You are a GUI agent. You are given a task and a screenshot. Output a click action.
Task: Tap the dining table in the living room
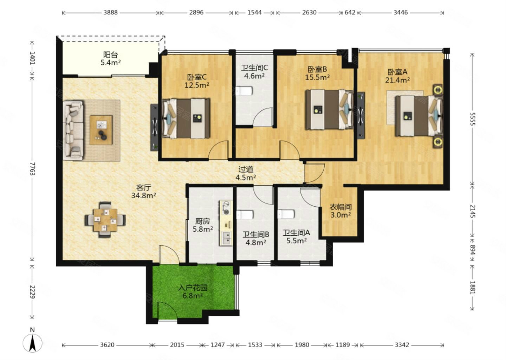pyautogui.click(x=105, y=220)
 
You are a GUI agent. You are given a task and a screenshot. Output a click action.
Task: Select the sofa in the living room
pyautogui.click(x=73, y=130)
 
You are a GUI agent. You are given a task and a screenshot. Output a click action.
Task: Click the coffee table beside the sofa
pyautogui.click(x=101, y=130)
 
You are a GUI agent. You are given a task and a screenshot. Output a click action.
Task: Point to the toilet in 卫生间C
pyautogui.click(x=244, y=91)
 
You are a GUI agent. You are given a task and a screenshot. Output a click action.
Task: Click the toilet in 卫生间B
pyautogui.click(x=245, y=215)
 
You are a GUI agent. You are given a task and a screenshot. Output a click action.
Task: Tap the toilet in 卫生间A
pyautogui.click(x=286, y=214)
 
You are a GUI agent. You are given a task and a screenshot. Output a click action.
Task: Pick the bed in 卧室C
pyautogui.click(x=186, y=118)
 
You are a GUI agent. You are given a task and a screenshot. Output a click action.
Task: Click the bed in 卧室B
pyautogui.click(x=329, y=110)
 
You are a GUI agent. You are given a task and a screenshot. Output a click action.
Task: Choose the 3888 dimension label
pyautogui.click(x=110, y=12)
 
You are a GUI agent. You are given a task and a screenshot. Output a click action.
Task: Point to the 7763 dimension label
pyautogui.click(x=33, y=169)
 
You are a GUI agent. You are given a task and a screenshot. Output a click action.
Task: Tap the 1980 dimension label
pyautogui.click(x=302, y=345)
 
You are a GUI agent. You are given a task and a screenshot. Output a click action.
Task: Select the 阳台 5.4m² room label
pyautogui.click(x=110, y=58)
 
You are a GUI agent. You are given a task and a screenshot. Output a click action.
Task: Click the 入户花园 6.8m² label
pyautogui.click(x=193, y=292)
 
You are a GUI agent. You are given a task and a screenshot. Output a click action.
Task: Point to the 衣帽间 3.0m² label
pyautogui.click(x=340, y=211)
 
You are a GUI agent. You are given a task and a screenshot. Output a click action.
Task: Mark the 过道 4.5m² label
pyautogui.click(x=246, y=173)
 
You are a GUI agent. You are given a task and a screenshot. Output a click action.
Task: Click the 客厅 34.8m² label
pyautogui.click(x=144, y=191)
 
